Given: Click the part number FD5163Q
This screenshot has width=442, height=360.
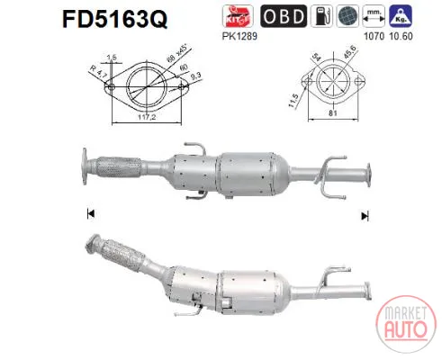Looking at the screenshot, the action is [x=114, y=19].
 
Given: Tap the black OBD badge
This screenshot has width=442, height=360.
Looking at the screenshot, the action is [x=284, y=16].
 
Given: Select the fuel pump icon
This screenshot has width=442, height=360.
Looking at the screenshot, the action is [x=321, y=16].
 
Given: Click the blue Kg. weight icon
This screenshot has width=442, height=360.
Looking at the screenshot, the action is [x=401, y=16].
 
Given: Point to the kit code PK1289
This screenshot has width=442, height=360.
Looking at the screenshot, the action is [x=239, y=36].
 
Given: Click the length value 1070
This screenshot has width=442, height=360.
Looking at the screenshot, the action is [x=374, y=36].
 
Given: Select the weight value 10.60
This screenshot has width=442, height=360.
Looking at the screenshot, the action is [x=401, y=36].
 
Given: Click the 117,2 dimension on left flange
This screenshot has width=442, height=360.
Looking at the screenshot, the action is [x=147, y=117].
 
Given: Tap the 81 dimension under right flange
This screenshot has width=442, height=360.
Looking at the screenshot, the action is [x=333, y=113].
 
